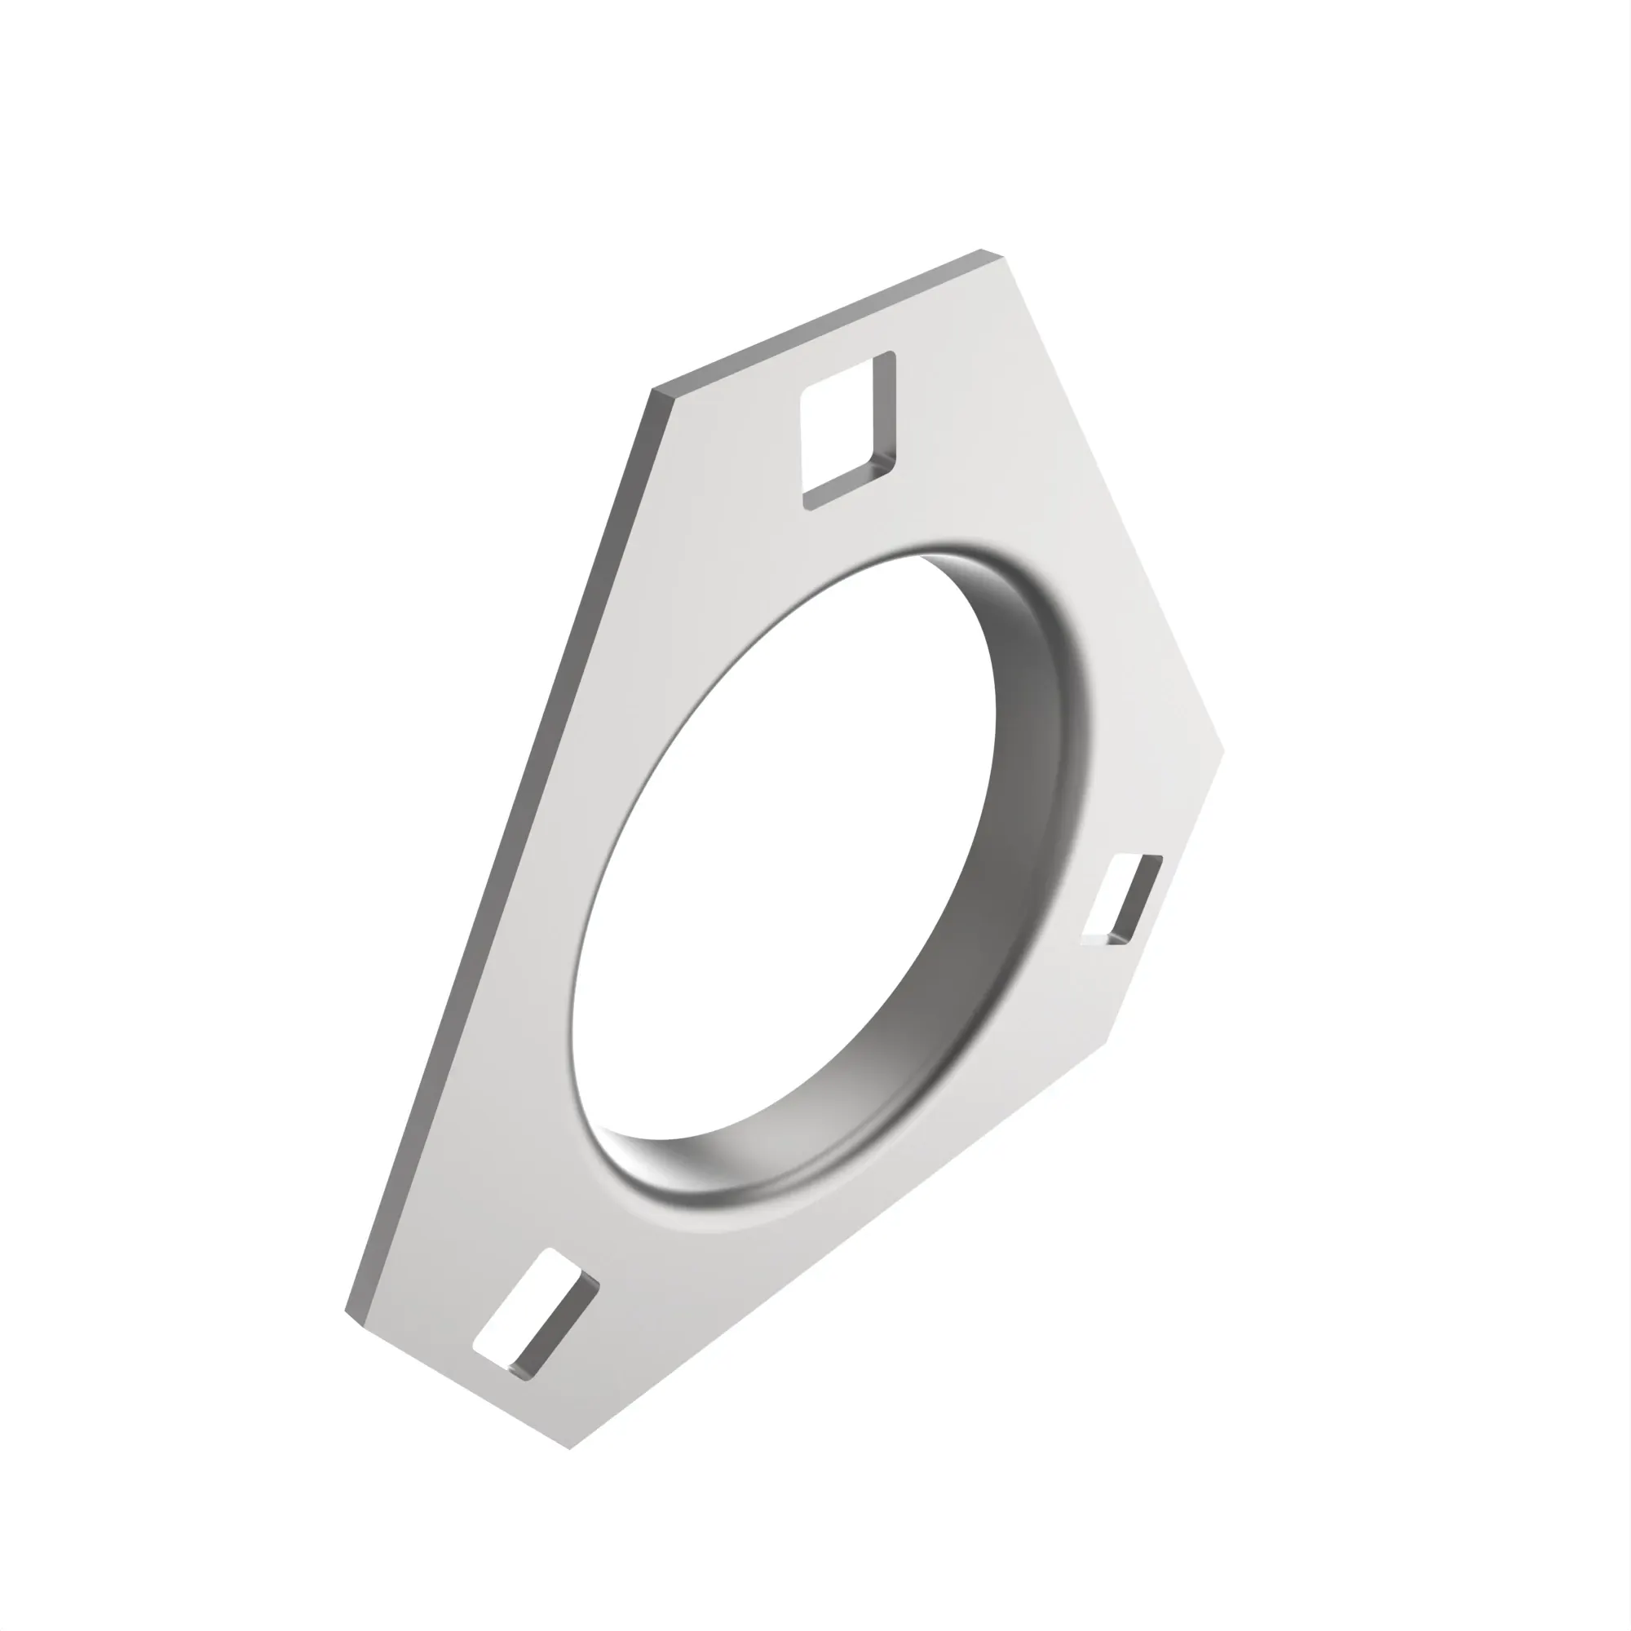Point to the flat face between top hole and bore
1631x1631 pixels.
click(886, 524)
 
